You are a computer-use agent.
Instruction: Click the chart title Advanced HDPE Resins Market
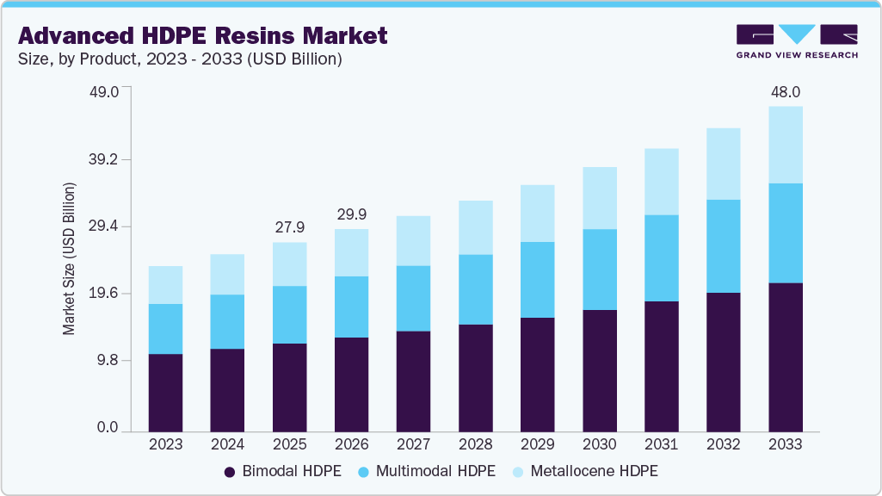pos(202,35)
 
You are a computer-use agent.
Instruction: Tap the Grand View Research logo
pos(797,41)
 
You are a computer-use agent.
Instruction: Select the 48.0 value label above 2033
pos(785,91)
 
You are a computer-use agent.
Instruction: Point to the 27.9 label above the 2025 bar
pos(289,226)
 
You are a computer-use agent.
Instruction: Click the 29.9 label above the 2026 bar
pos(351,214)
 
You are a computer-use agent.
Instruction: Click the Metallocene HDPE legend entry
pos(584,471)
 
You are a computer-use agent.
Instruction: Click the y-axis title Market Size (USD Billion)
pos(68,259)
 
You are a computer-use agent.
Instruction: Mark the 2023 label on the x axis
pos(165,444)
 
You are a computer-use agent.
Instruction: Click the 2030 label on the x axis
pos(599,444)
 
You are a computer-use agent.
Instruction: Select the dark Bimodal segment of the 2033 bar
pos(785,356)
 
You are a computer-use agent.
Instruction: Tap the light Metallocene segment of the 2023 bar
pos(165,285)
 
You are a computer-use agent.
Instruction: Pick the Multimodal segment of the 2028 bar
pos(475,289)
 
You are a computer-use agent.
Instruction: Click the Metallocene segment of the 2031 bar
pos(661,182)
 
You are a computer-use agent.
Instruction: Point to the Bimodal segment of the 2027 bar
pos(413,381)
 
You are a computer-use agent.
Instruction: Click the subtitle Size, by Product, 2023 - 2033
pos(180,59)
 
